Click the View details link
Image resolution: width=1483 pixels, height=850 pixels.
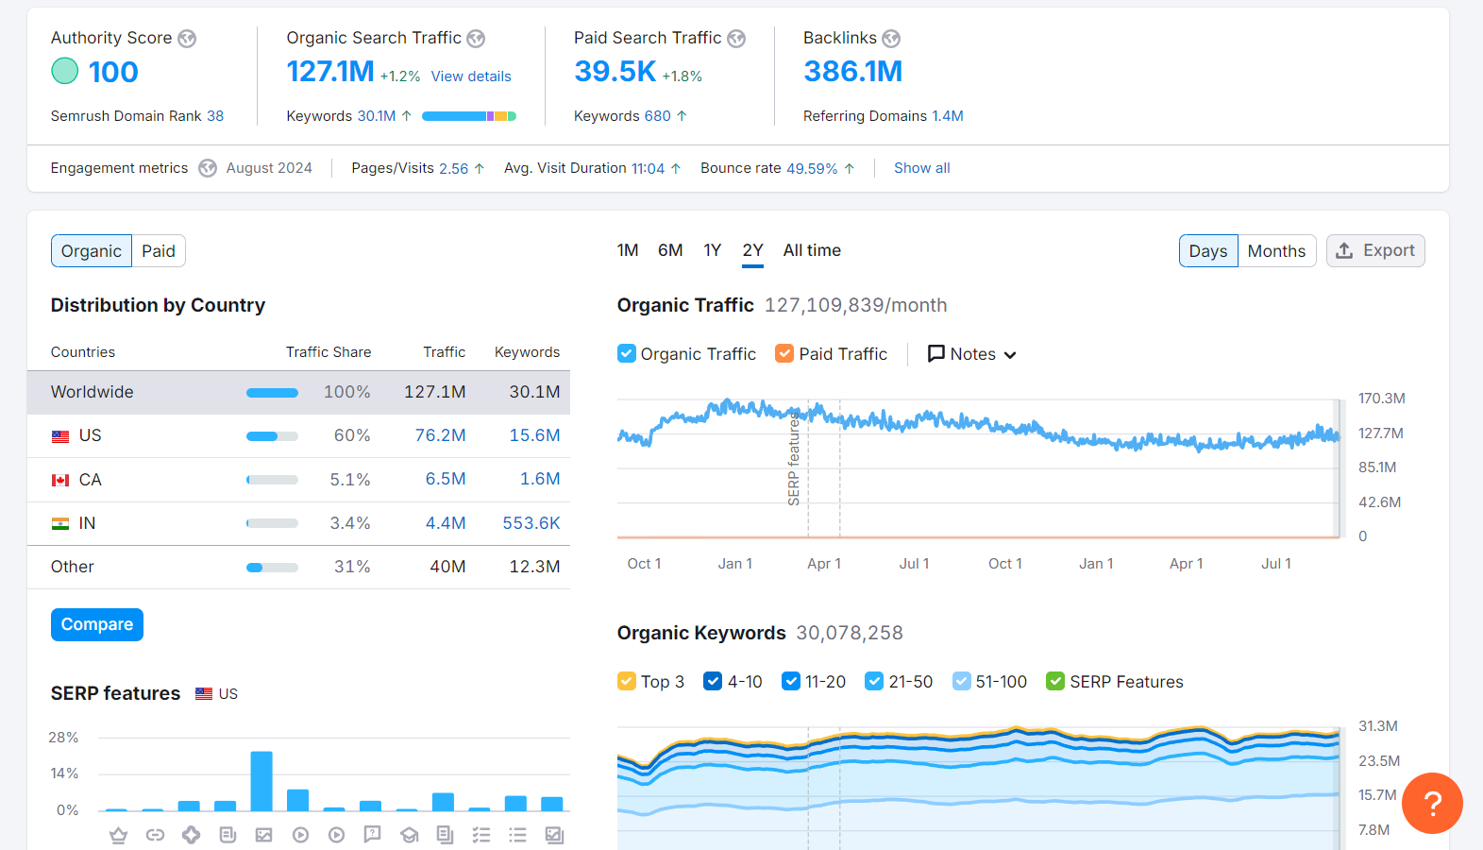(470, 76)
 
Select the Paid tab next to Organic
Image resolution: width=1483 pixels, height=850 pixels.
(159, 251)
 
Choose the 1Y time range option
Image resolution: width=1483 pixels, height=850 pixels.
(712, 250)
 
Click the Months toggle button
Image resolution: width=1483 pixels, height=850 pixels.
(1275, 251)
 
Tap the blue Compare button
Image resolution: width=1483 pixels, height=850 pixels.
(97, 624)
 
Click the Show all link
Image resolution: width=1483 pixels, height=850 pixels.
(921, 168)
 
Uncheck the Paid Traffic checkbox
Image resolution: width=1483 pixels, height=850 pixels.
(784, 353)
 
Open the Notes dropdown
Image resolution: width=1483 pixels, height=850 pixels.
(971, 354)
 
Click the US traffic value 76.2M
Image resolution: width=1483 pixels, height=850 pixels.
(440, 435)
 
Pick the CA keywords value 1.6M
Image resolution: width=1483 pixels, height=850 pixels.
(540, 480)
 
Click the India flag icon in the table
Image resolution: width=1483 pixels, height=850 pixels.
(60, 523)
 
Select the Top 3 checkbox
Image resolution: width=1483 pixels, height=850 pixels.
(627, 681)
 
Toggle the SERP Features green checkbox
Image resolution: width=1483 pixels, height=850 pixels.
(1055, 681)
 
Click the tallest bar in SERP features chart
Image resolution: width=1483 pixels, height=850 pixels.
(261, 780)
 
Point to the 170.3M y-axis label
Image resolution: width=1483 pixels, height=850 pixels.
(1381, 399)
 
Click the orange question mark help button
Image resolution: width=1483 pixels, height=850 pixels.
(1431, 803)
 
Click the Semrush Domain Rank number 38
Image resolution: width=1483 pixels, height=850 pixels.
(215, 116)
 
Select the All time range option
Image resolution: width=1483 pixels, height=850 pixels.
(811, 250)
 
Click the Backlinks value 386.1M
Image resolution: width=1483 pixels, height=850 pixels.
(852, 72)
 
